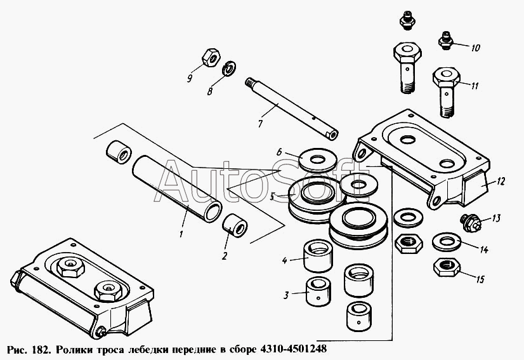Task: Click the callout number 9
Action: coord(190,79)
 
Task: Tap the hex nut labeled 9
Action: coord(211,57)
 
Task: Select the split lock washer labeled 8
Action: coord(229,68)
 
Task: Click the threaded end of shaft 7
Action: coord(249,83)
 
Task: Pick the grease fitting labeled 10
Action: coord(445,41)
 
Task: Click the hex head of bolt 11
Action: coord(446,77)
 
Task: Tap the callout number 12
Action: coord(501,182)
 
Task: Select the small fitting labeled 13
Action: coord(470,223)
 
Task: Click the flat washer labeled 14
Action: coord(447,241)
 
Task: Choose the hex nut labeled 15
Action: coord(447,267)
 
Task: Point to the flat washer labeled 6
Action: coord(317,159)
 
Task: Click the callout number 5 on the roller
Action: coord(272,197)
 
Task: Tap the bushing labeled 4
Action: coord(318,256)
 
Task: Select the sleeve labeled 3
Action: coord(318,291)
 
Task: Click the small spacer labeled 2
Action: coord(234,225)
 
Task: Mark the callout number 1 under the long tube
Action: coord(181,234)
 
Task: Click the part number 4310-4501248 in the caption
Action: coord(291,349)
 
